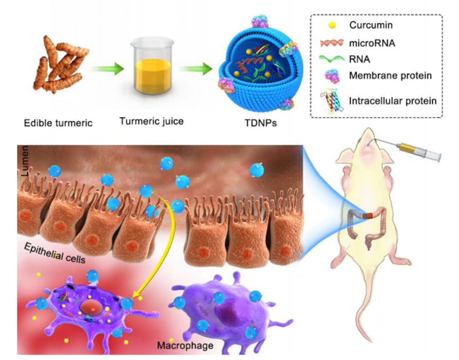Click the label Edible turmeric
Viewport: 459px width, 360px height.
58,124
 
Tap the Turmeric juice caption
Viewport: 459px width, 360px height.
151,121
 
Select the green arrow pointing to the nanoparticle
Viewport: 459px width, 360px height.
196,68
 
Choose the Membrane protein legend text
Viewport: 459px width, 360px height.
390,76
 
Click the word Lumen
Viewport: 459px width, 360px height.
24,162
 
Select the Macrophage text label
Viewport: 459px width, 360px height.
185,346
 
